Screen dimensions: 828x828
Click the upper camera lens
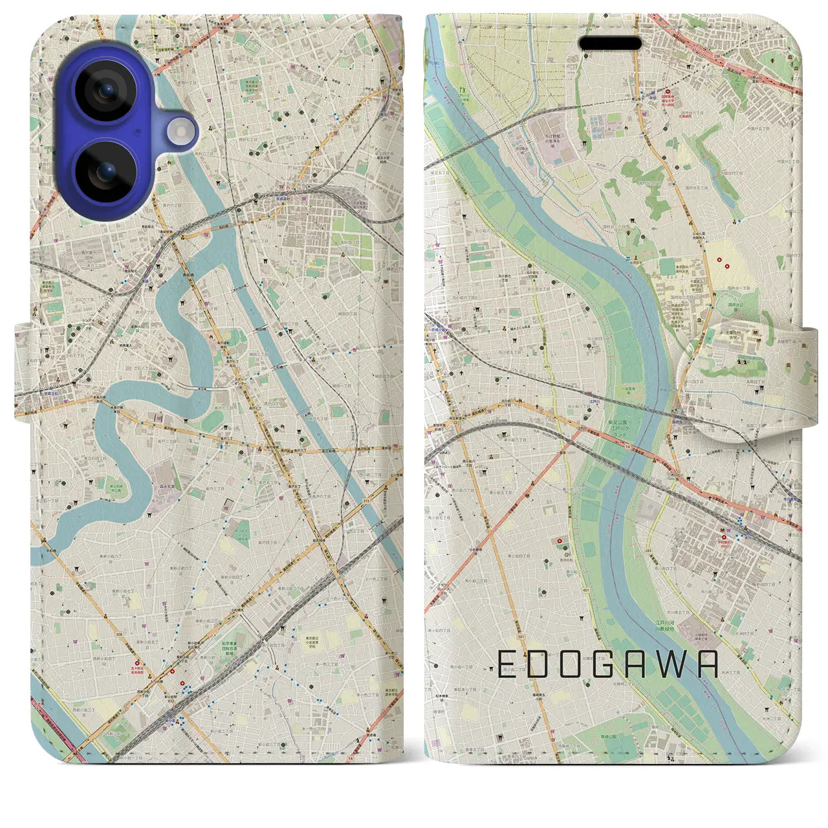(105, 90)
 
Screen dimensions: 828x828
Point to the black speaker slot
(609, 43)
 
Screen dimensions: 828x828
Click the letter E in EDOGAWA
(507, 664)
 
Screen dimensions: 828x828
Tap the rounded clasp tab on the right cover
(744, 375)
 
